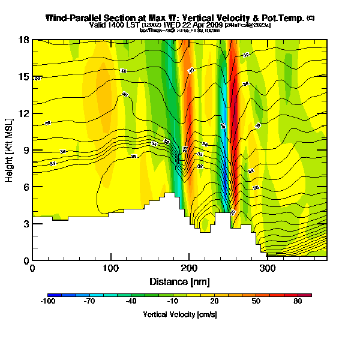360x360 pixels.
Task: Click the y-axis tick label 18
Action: (x=24, y=40)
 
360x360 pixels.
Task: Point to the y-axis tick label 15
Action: (x=24, y=77)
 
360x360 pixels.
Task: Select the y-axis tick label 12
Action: (x=24, y=113)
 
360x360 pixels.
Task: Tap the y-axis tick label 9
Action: (x=26, y=151)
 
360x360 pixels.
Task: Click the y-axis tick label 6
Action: (x=26, y=187)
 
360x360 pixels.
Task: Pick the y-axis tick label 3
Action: (x=26, y=224)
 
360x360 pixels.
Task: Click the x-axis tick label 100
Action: (x=111, y=268)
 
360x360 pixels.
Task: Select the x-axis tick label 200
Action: (x=189, y=268)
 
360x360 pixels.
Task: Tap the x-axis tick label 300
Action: (x=268, y=268)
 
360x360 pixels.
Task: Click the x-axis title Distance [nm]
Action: (x=179, y=281)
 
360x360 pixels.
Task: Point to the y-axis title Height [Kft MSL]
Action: (x=10, y=150)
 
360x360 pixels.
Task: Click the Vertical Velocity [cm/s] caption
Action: (x=179, y=314)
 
